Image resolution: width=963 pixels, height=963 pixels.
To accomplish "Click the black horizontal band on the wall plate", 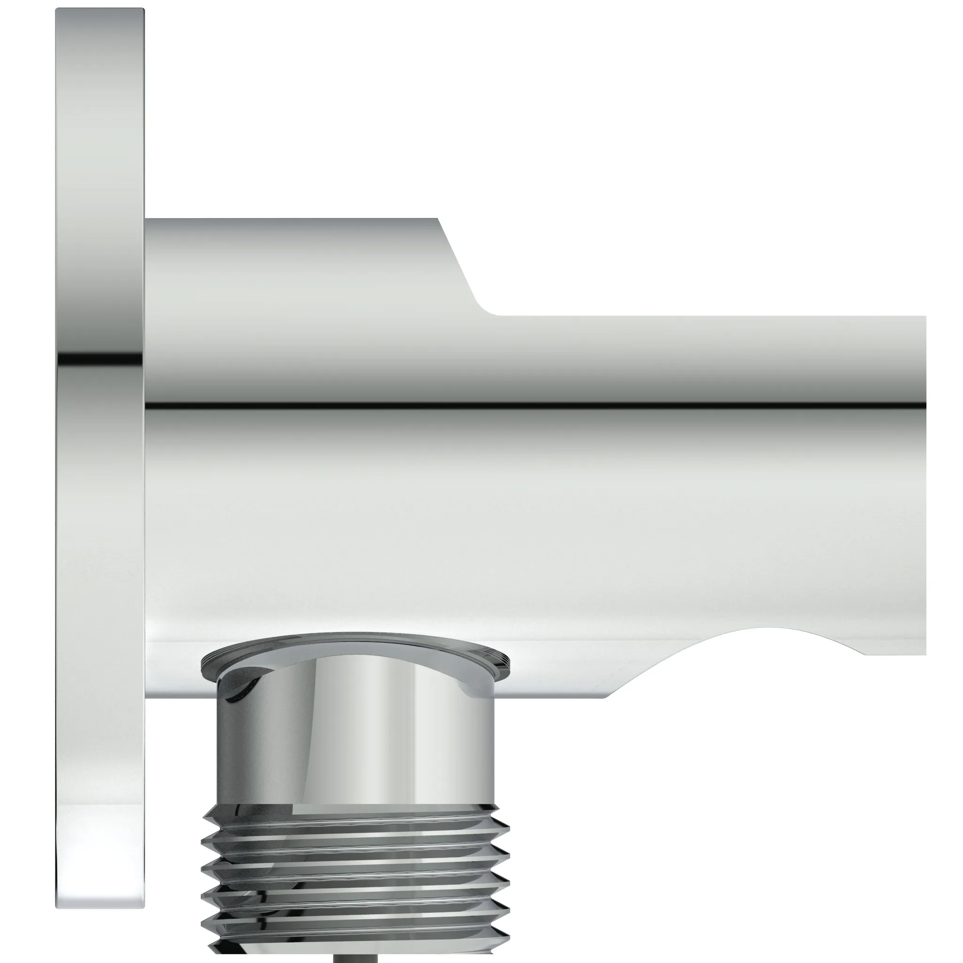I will point(100,358).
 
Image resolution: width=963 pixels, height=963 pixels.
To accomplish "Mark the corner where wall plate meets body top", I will point(146,219).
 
